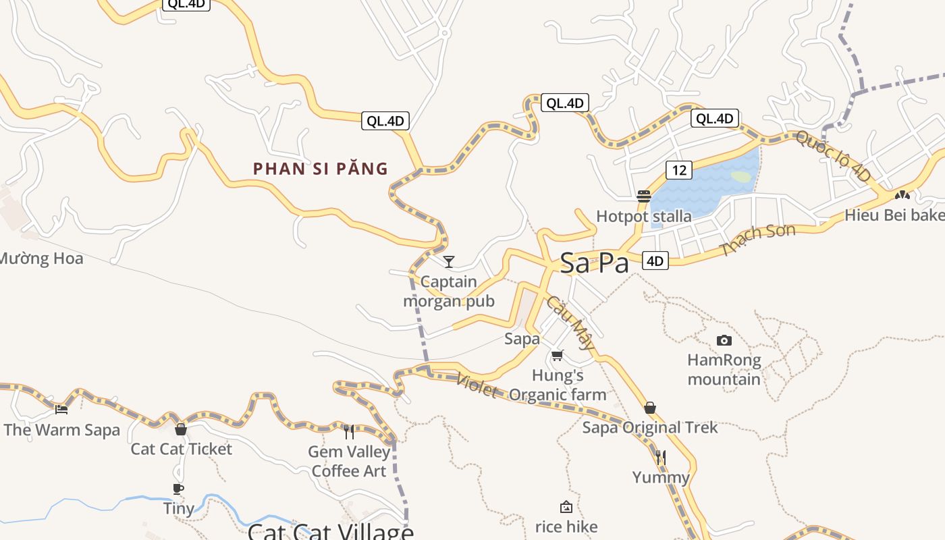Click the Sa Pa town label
coord(594,263)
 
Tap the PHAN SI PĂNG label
coord(321,169)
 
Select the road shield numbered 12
coord(679,170)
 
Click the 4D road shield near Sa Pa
coord(655,261)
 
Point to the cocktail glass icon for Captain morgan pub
coord(449,261)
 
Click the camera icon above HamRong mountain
coord(724,340)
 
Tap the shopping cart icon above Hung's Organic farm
coord(557,355)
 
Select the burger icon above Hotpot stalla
coord(643,196)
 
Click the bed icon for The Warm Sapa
coord(61,409)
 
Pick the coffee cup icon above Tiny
coord(178,489)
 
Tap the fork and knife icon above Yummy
coord(661,458)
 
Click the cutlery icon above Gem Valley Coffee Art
coord(349,432)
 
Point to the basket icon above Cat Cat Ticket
coord(180,429)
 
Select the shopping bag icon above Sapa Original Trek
coord(650,408)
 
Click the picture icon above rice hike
coord(566,507)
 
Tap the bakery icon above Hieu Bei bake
coord(902,195)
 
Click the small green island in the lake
coord(741,177)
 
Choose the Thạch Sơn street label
coord(758,240)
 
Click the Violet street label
coord(477,385)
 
